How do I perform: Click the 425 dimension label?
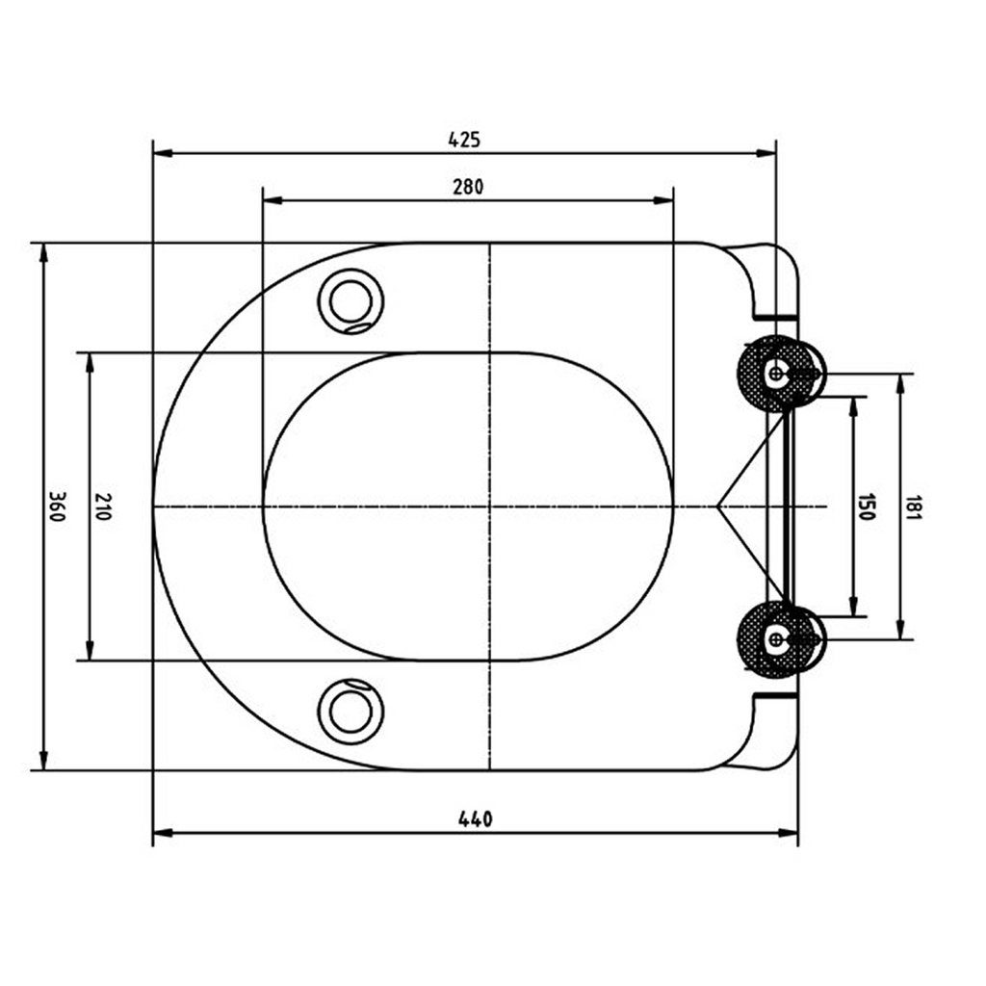click(x=464, y=139)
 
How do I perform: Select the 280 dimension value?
click(x=469, y=187)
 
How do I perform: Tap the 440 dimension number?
click(x=476, y=818)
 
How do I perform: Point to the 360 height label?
click(x=57, y=506)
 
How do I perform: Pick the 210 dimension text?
click(x=103, y=506)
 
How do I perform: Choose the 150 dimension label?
click(x=867, y=506)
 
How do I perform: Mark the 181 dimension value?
click(x=914, y=506)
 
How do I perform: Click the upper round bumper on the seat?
click(x=350, y=301)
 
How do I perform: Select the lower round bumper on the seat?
click(x=350, y=712)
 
